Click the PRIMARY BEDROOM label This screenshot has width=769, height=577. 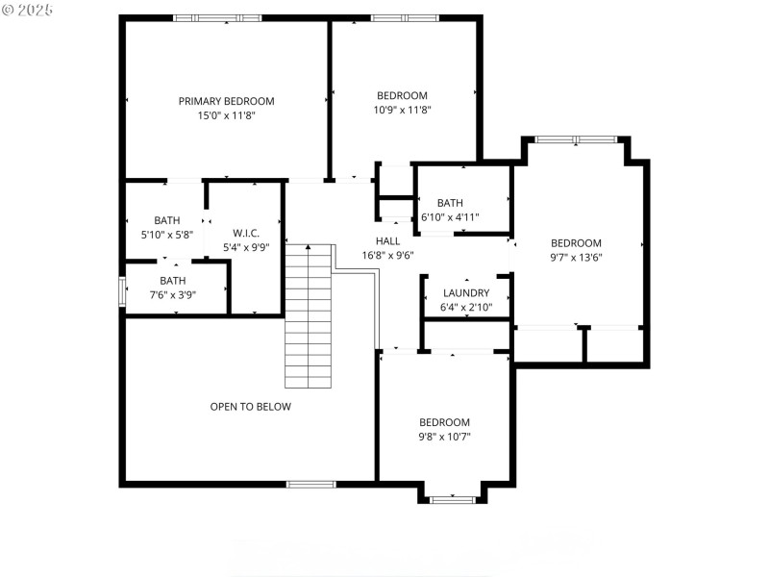[226, 101]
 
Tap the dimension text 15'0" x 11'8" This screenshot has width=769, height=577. [226, 115]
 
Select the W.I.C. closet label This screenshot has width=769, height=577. [246, 233]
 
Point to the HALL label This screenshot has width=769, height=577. [387, 240]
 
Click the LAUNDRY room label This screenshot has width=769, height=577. [466, 293]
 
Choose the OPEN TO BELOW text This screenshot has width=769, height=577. [250, 407]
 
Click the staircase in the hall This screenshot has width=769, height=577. [309, 317]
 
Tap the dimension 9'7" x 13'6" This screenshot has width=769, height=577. [576, 257]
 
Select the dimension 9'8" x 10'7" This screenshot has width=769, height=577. [444, 437]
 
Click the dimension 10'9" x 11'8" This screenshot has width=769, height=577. [402, 110]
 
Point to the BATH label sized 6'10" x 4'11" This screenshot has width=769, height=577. [450, 203]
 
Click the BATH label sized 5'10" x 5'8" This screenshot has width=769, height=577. [167, 220]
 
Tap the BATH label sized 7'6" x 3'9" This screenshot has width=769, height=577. [173, 281]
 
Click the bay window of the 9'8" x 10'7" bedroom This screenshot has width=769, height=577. [452, 499]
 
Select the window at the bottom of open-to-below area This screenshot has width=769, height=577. [311, 484]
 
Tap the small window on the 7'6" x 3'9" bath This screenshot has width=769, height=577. [121, 291]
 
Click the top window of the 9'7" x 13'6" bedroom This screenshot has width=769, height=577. [576, 139]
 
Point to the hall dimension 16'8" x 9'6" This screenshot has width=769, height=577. [387, 256]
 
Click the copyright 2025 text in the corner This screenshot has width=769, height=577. [28, 10]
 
